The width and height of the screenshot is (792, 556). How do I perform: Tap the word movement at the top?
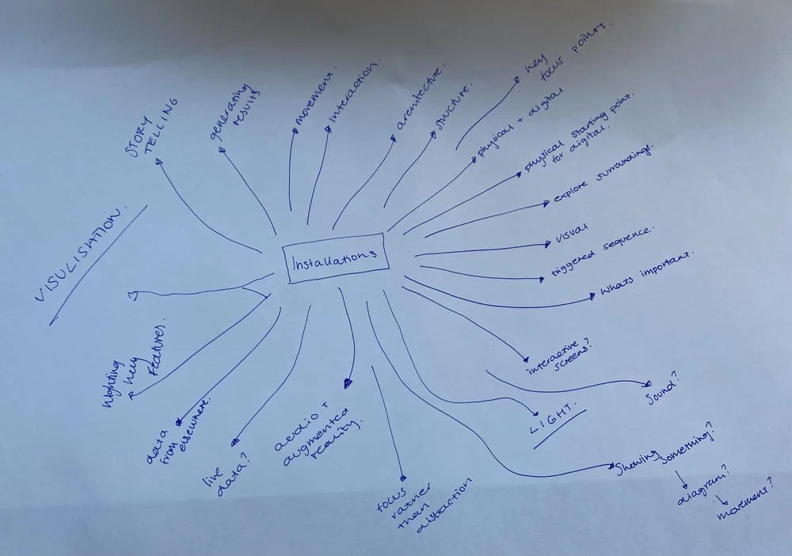click(x=316, y=99)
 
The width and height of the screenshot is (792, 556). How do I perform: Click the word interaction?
click(x=354, y=93)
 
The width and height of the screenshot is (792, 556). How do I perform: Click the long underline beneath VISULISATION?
click(x=98, y=265)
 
